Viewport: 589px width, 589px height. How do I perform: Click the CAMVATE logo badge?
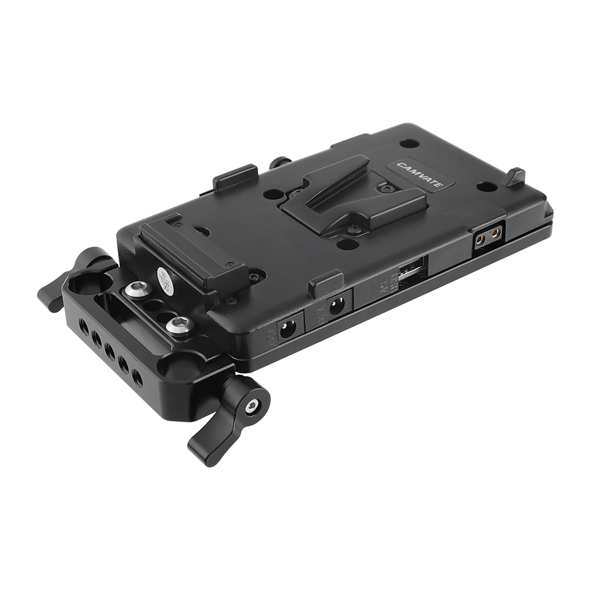(419, 174)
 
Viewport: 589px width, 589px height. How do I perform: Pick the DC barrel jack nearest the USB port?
(337, 307)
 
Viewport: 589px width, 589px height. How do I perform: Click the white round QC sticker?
(166, 280)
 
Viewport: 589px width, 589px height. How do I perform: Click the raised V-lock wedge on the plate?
(353, 195)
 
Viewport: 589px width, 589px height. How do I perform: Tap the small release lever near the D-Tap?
(515, 176)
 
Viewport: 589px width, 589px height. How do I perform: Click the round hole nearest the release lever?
(487, 187)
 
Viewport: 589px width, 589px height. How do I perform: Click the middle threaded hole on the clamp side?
(110, 351)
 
